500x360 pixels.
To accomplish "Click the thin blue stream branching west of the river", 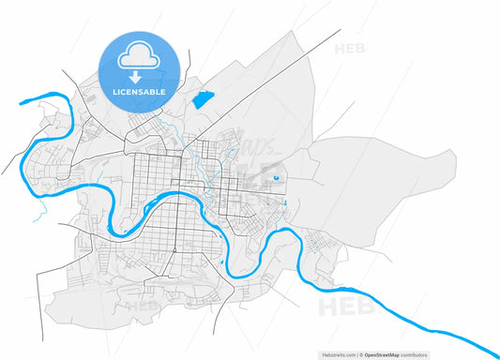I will point(38,215).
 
